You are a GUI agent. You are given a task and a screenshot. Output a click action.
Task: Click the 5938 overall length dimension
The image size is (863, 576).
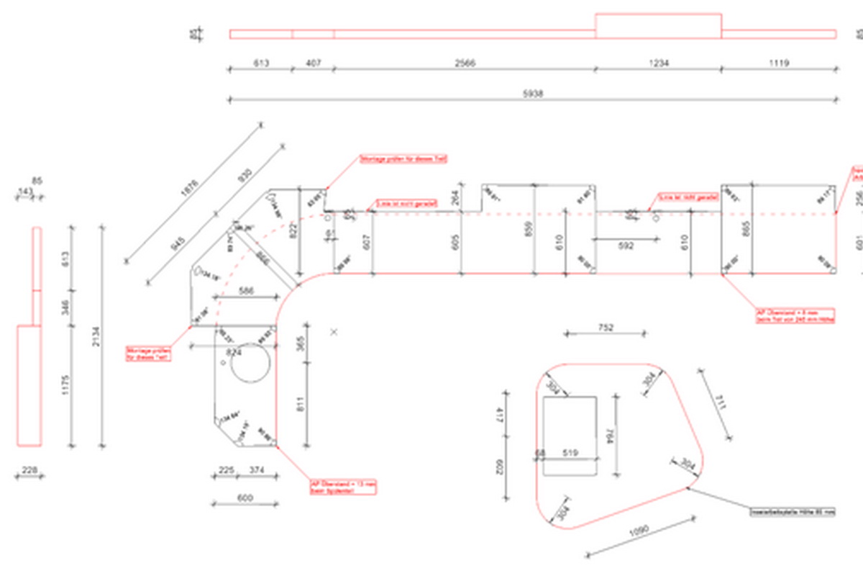(x=532, y=94)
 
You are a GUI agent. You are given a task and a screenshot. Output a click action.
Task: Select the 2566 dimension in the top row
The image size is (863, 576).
(x=465, y=63)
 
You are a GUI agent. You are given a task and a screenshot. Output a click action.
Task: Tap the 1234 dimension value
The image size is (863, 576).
(x=658, y=63)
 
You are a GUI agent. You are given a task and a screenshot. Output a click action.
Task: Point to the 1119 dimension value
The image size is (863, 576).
(x=778, y=63)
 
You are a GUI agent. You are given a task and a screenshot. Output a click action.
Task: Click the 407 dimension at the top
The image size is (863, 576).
(x=314, y=63)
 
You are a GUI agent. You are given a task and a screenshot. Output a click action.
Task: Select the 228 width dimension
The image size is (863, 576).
(x=29, y=470)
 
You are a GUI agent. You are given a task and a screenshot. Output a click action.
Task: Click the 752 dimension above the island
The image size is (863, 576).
(x=606, y=328)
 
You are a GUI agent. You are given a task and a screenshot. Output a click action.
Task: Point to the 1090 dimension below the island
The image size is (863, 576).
(x=639, y=530)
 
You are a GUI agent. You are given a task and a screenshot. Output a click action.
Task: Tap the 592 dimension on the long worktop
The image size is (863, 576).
(x=626, y=246)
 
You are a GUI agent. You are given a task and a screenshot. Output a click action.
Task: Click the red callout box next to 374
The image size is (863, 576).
(x=343, y=487)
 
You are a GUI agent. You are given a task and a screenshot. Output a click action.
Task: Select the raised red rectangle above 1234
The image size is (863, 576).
(x=658, y=25)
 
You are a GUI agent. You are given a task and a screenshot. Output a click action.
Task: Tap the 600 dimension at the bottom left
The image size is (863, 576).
(x=245, y=498)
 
